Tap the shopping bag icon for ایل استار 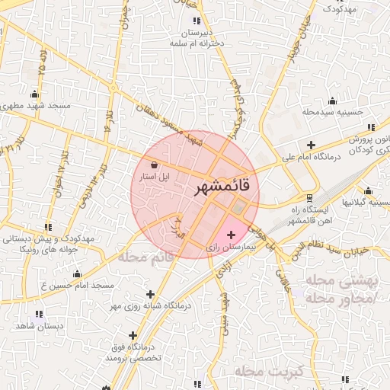click(155, 164)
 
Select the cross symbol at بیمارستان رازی click(232, 235)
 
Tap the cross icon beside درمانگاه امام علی click(311, 145)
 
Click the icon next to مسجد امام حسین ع click(76, 274)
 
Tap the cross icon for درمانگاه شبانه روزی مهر click(150, 294)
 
